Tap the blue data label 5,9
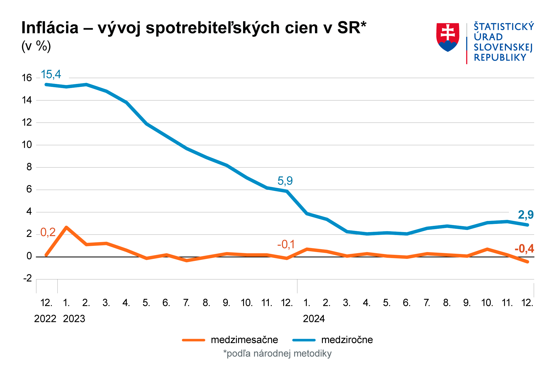tap(285, 181)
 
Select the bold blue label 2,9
tap(526, 215)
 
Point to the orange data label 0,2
tap(48, 232)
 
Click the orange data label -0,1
tap(286, 245)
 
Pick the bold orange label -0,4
tap(524, 249)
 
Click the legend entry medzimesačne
tap(244, 340)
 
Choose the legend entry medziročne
tap(347, 340)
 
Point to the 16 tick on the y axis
tap(27, 78)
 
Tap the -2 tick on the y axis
tap(27, 278)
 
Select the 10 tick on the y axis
tap(27, 145)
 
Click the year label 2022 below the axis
tap(45, 319)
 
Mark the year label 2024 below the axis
tap(314, 319)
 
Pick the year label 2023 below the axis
tap(74, 319)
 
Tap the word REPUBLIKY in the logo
tap(500, 58)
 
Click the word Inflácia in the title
tap(50, 28)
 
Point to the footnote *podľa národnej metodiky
tap(277, 354)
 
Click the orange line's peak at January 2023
tap(66, 227)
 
